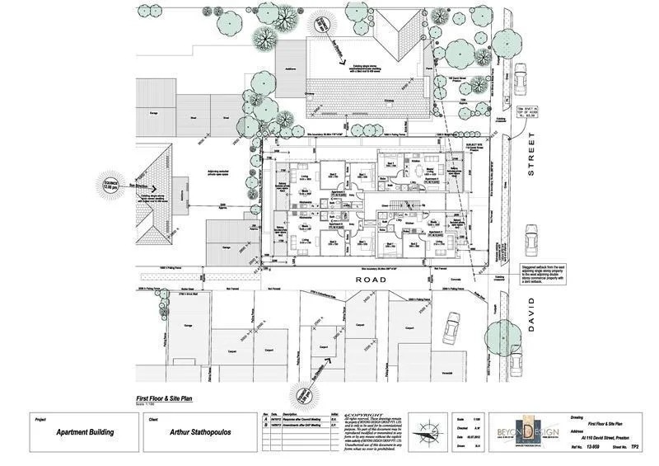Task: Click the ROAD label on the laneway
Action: point(364,280)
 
